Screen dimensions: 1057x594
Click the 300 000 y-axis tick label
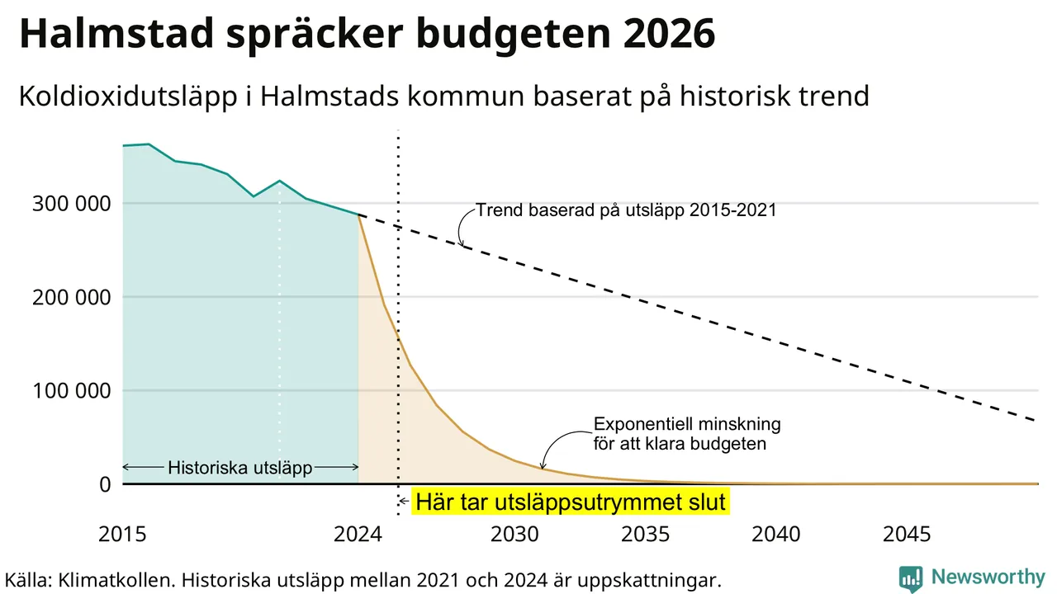point(71,204)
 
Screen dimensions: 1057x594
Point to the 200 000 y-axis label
point(71,298)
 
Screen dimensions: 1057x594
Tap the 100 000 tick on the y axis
point(71,391)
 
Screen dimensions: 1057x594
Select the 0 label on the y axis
point(105,484)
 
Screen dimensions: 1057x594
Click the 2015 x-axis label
point(122,535)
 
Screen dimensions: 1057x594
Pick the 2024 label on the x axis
point(358,535)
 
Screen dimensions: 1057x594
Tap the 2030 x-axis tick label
point(514,535)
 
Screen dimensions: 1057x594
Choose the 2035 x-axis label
point(646,535)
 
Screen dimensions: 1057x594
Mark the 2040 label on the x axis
point(776,535)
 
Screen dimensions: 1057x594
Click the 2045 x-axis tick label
point(907,535)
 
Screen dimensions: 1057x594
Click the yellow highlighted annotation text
point(571,502)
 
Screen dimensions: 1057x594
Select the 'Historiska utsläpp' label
point(240,468)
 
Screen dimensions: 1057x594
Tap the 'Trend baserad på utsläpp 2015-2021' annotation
point(626,210)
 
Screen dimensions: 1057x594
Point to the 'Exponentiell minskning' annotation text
point(687,424)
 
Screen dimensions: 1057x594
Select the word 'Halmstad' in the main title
point(117,34)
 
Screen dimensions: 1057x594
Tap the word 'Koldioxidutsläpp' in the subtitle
point(128,97)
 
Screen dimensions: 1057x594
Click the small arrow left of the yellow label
point(404,501)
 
